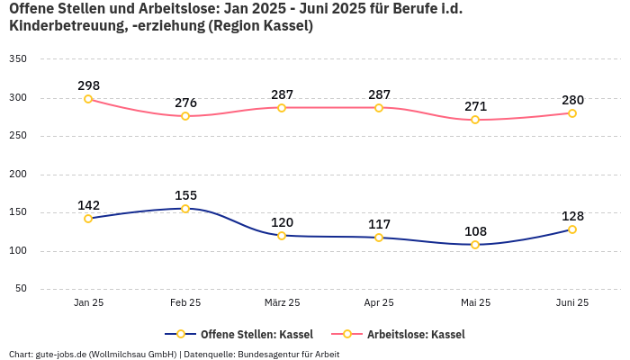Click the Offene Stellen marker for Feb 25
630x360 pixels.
coord(185,209)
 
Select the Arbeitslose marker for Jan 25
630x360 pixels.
coord(88,99)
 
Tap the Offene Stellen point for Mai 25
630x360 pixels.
coord(475,245)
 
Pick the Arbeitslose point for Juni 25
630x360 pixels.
coord(572,113)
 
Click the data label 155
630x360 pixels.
coord(185,195)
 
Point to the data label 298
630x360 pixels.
coord(88,85)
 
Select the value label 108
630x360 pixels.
coord(475,231)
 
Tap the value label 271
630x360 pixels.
coord(475,106)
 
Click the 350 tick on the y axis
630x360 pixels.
coord(18,58)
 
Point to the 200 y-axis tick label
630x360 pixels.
coord(18,175)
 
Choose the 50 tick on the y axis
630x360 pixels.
coord(21,289)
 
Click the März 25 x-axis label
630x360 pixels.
coord(282,302)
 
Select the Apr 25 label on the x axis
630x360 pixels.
coord(379,302)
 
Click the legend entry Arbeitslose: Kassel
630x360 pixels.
coord(416,334)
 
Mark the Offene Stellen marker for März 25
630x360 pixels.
coord(282,236)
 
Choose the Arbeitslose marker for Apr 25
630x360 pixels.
coord(379,108)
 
